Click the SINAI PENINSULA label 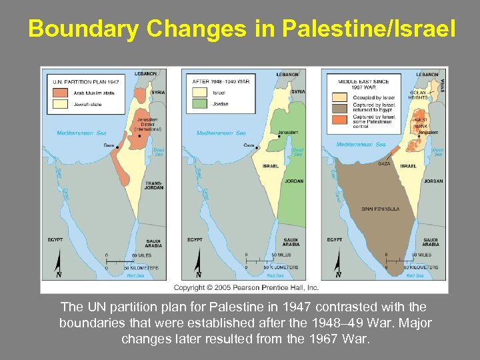[x=380, y=209]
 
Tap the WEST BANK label [x=421, y=123]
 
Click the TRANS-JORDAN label [x=154, y=185]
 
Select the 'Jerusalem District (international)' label [x=147, y=125]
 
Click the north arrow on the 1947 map [x=58, y=264]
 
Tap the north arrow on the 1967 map [x=338, y=264]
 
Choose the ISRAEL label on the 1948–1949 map [x=271, y=166]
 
